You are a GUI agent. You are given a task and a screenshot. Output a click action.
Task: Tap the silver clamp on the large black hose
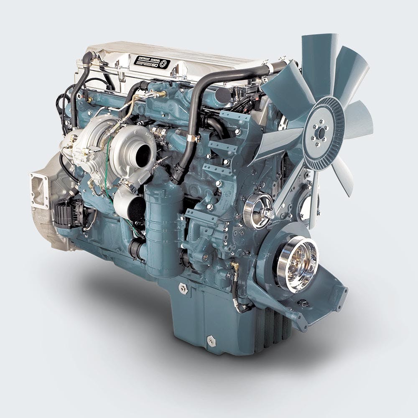click(191, 137)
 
